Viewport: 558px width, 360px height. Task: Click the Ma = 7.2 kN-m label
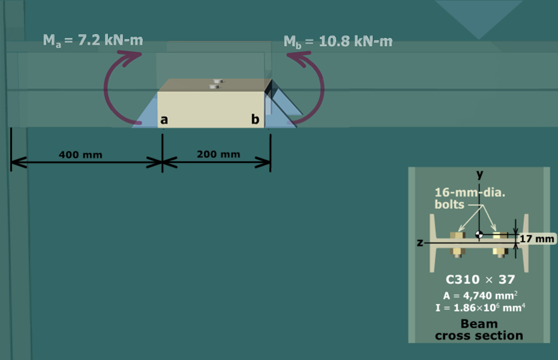[x=93, y=41]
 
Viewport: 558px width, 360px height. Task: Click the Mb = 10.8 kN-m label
[x=338, y=42]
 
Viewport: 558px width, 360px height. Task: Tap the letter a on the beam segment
[x=164, y=120]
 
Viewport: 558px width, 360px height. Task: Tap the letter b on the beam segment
[x=255, y=119]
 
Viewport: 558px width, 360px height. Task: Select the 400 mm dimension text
[x=80, y=155]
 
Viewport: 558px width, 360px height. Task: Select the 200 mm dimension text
[x=218, y=154]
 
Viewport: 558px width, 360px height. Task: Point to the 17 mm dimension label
[x=537, y=239]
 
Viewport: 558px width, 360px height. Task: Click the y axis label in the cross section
[x=480, y=175]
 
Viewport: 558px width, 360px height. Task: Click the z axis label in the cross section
[x=420, y=242]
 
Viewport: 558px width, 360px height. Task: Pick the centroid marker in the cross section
[x=479, y=235]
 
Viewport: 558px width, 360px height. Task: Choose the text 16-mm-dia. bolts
[x=470, y=199]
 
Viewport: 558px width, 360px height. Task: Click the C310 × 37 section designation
[x=480, y=280]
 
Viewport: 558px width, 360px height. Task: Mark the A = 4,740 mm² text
[x=480, y=296]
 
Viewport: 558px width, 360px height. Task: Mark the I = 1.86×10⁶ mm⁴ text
[x=480, y=307]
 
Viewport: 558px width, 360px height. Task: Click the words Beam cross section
[x=479, y=330]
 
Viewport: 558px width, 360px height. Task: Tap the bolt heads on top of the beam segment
[x=215, y=84]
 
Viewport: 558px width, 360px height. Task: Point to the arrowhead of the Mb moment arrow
[x=299, y=58]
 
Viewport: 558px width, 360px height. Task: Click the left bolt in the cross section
[x=457, y=245]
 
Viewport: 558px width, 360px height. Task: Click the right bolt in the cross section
[x=500, y=245]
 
